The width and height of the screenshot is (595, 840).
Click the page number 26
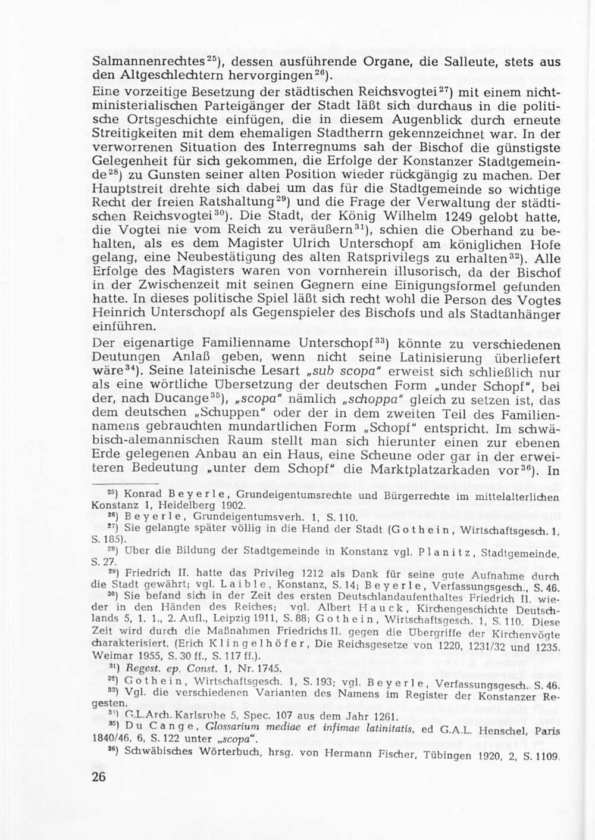[99, 777]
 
